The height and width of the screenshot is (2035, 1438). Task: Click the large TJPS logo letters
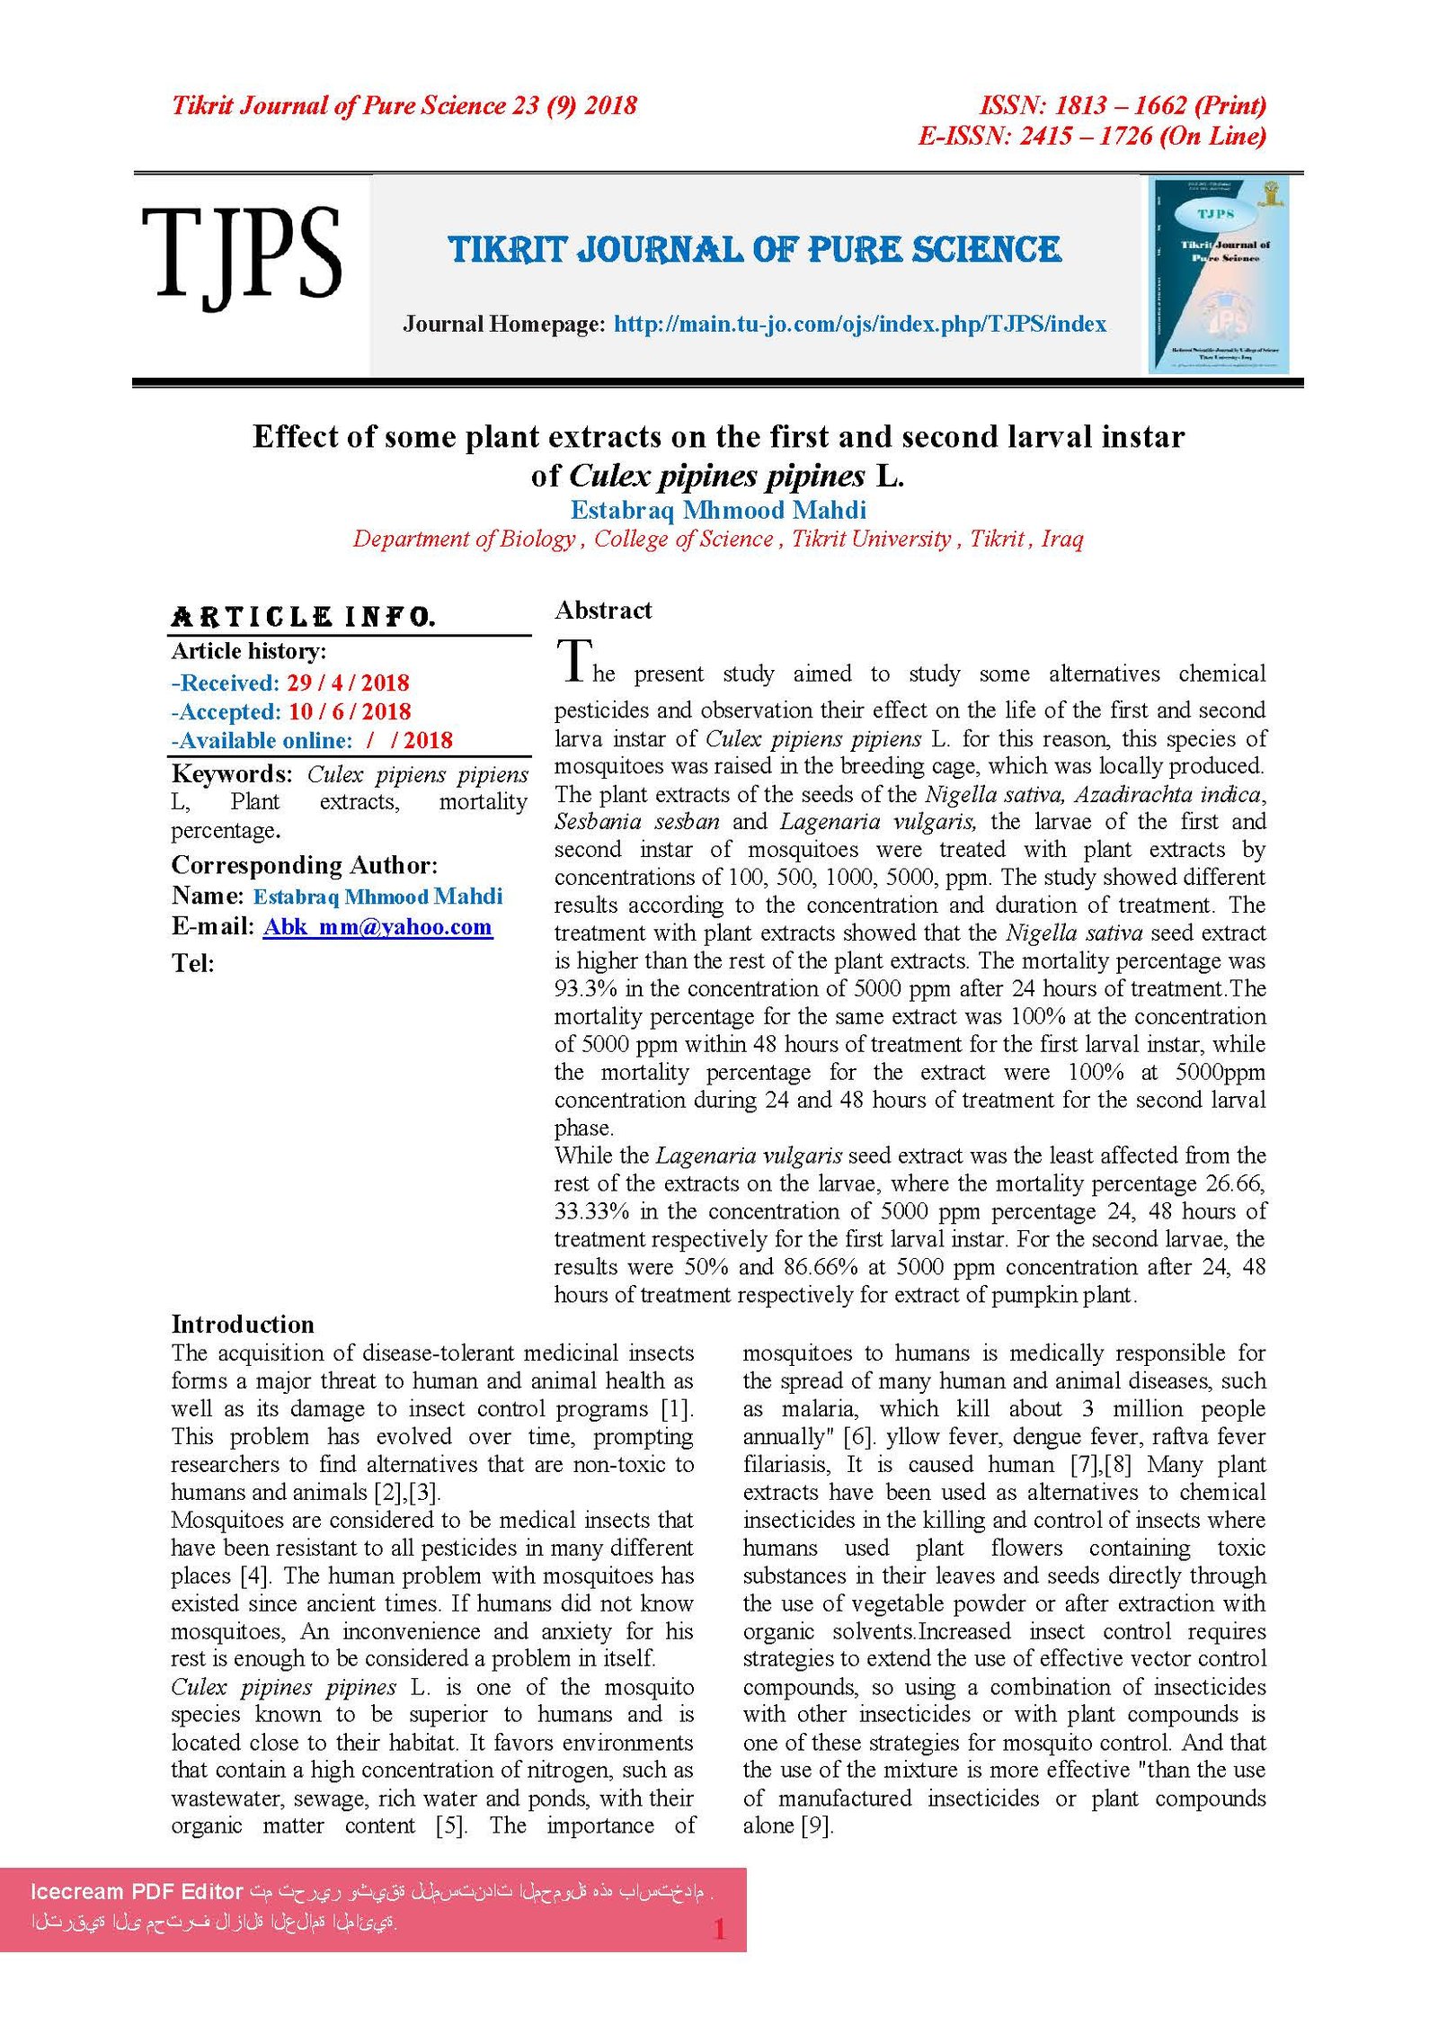click(x=241, y=254)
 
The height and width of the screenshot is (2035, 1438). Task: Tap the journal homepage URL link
click(x=859, y=324)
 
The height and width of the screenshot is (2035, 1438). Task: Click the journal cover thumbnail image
click(x=1219, y=274)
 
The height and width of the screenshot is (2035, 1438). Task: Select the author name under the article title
click(x=718, y=510)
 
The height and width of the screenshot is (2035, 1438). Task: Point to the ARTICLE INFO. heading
click(x=303, y=617)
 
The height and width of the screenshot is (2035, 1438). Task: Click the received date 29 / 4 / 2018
click(x=348, y=683)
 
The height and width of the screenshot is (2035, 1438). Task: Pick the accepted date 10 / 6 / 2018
click(x=350, y=711)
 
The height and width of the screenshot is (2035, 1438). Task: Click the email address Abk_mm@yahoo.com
click(x=377, y=926)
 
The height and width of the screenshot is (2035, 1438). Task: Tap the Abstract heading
click(x=603, y=611)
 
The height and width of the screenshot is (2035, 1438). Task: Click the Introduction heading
click(x=243, y=1324)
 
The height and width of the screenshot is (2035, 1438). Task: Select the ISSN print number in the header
click(x=1123, y=106)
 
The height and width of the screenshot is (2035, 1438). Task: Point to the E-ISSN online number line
click(x=1092, y=137)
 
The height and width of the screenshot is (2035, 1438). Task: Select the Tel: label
click(x=193, y=964)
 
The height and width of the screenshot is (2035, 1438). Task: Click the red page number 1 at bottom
click(x=719, y=1930)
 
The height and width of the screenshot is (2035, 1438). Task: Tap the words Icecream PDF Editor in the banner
click(x=137, y=1891)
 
